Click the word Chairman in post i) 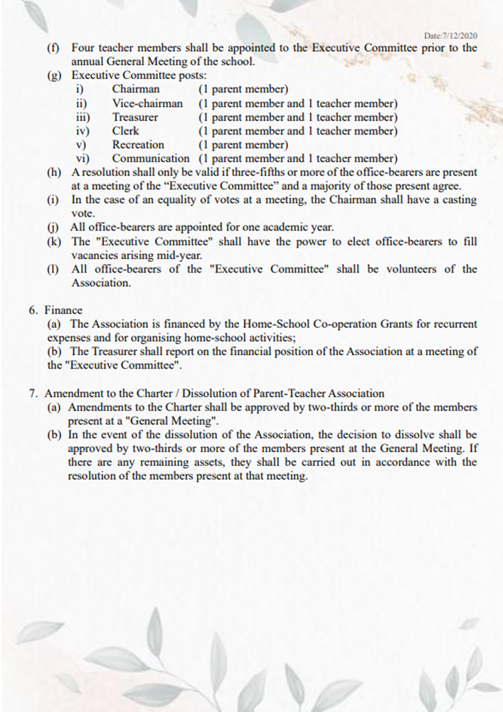click(136, 90)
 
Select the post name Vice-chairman click(147, 103)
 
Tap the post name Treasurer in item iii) click(135, 117)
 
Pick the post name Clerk click(125, 131)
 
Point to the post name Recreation click(138, 145)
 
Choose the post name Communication click(151, 158)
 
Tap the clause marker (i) click(53, 200)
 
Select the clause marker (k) click(53, 241)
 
